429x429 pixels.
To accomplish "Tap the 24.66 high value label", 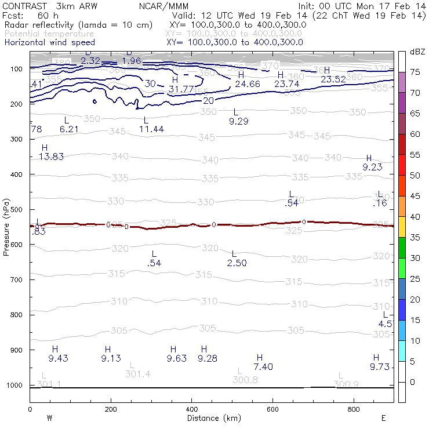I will pyautogui.click(x=248, y=84).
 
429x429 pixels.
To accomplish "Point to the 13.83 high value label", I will pyautogui.click(x=51, y=157).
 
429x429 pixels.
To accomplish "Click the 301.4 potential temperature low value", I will pyautogui.click(x=137, y=374).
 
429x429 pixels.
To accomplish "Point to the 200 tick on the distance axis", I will pyautogui.click(x=110, y=409).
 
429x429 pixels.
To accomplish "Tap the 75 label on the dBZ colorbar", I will pyautogui.click(x=415, y=72).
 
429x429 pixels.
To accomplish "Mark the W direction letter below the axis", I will pyautogui.click(x=49, y=417).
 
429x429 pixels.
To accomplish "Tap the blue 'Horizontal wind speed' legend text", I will pyautogui.click(x=49, y=42).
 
